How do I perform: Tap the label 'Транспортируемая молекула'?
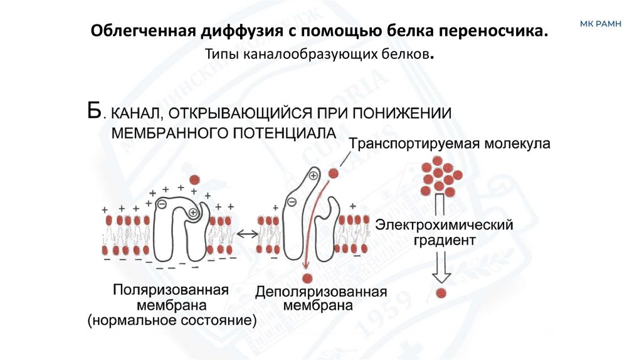[450, 144]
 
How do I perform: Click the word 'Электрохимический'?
[445, 224]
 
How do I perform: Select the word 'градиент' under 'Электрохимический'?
[445, 240]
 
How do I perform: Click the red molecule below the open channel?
[307, 278]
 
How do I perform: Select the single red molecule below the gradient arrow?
[441, 293]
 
